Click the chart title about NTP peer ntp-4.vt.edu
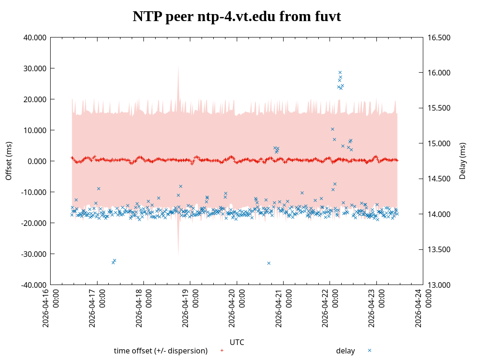coord(237,17)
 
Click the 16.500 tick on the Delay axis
coord(437,37)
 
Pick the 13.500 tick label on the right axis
coord(437,249)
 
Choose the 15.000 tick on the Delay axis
coord(437,143)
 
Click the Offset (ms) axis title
coord(8,161)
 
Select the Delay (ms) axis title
coord(463,161)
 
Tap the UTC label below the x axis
coord(237,342)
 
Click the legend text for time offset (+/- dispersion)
coord(161,351)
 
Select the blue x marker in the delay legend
coord(369,350)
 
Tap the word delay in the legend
coord(345,351)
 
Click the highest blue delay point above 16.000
coord(340,72)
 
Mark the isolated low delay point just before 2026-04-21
coord(269,263)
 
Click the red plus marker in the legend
coord(222,350)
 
